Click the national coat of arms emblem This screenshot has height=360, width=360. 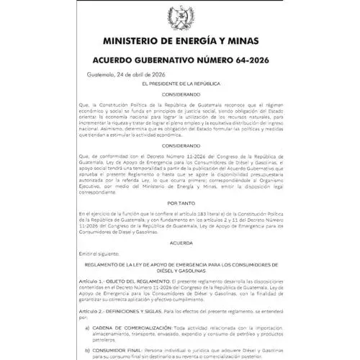[179, 15]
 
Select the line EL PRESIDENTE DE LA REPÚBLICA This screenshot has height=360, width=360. [179, 85]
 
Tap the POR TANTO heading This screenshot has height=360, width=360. [179, 203]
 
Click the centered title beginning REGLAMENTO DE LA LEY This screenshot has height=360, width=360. [179, 265]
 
